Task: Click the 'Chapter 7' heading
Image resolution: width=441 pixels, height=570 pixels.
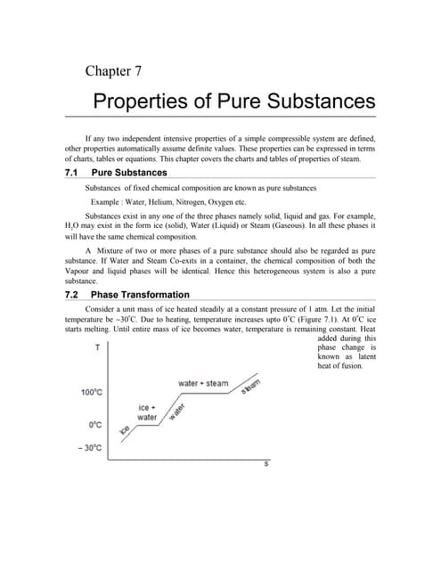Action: coord(113,71)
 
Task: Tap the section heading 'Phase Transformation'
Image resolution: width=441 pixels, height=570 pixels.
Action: coord(140,295)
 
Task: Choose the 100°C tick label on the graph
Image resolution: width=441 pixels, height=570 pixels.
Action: coord(93,393)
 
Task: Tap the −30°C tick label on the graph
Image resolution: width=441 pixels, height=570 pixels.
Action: coord(90,448)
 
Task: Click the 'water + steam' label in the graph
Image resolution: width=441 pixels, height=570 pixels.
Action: coord(203,383)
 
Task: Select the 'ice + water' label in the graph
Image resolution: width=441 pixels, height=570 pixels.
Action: coord(148,411)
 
